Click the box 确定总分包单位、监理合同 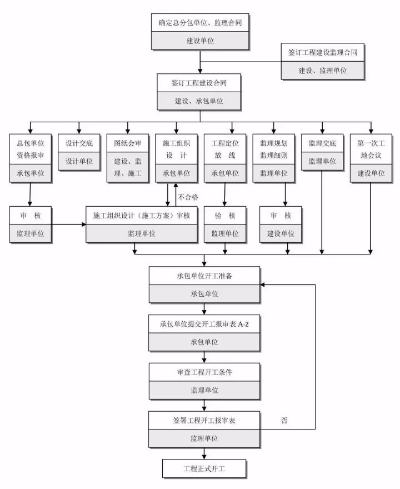point(204,23)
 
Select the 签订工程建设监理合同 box point(322,52)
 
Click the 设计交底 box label point(79,143)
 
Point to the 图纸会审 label point(128,143)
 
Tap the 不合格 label point(188,197)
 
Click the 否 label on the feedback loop point(284,420)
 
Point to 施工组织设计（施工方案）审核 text point(142,216)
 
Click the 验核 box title point(225,216)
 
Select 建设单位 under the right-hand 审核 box point(281,233)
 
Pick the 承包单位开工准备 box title point(204,276)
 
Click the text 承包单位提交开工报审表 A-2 point(204,323)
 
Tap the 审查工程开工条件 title point(204,372)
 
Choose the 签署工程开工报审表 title point(204,420)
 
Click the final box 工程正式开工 point(204,468)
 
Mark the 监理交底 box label point(322,143)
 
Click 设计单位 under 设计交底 point(79,161)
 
